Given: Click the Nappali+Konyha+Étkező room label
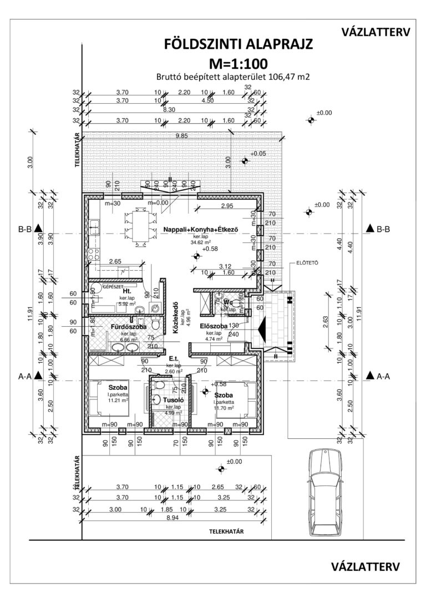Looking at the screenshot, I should click(200, 230).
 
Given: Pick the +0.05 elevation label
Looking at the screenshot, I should click(258, 153).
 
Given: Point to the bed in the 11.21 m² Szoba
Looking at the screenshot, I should click(109, 398).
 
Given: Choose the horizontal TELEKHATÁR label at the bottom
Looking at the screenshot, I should click(226, 531).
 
